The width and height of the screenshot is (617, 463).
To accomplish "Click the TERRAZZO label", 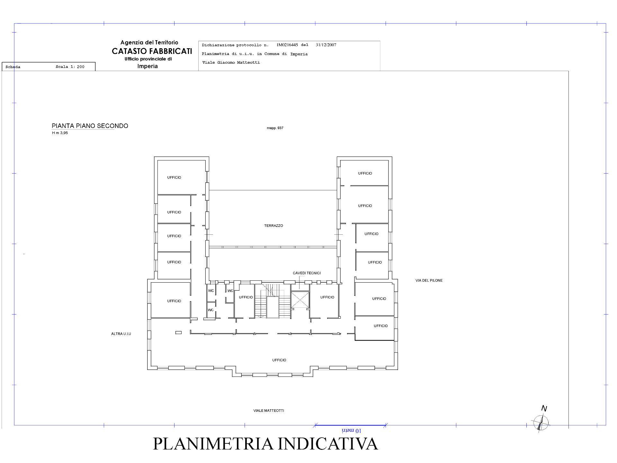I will (273, 226).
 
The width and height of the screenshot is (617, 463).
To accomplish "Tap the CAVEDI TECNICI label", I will (307, 273).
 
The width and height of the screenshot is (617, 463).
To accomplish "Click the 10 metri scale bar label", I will (352, 431).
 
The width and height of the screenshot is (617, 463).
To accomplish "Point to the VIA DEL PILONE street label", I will (429, 280).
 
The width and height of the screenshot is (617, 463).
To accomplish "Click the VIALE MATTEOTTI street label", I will (268, 411).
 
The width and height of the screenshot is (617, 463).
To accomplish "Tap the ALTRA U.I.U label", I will (121, 334).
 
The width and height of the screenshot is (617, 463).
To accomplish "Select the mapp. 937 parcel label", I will (275, 128).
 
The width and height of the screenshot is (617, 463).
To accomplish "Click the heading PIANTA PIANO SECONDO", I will (90, 126).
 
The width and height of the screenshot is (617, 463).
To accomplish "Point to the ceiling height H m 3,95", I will (60, 133).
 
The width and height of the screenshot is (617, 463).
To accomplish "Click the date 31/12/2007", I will (326, 45).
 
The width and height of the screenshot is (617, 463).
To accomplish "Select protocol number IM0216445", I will (287, 45).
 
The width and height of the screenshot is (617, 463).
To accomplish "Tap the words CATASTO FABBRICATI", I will (152, 51).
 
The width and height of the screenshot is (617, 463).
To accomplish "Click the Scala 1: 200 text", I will (70, 67).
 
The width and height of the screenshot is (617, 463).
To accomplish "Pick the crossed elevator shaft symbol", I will (300, 300).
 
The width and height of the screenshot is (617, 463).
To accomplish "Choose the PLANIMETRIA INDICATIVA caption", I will (265, 443).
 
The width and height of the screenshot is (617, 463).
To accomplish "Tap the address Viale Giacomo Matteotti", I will (231, 62).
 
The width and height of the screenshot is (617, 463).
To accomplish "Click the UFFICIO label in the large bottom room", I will (279, 360).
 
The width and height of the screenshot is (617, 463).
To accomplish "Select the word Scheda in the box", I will (13, 67).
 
